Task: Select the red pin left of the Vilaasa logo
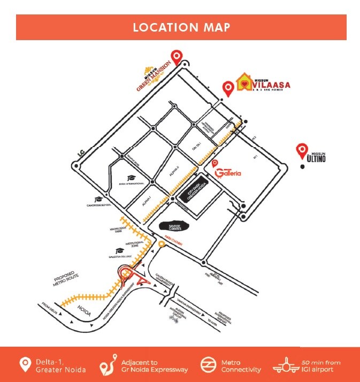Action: coord(228,88)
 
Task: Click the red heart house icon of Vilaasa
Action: coord(244,83)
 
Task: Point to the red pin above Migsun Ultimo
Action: coord(302,150)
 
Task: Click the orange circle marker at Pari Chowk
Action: coord(161,244)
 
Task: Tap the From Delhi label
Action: coord(53,309)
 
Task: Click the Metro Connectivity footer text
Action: coord(241,366)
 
